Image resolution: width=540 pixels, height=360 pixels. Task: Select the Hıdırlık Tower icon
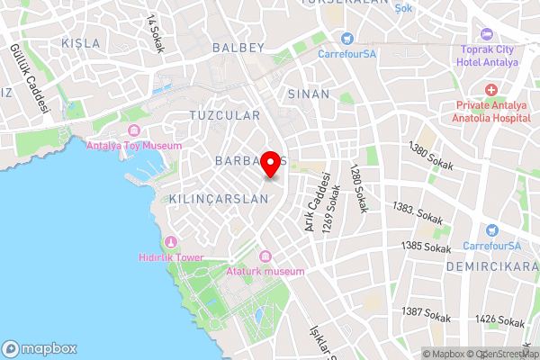pyautogui.click(x=172, y=243)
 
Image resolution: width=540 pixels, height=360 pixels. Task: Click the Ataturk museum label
pyautogui.click(x=267, y=270)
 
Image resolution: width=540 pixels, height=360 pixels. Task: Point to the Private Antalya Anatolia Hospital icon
pyautogui.click(x=490, y=90)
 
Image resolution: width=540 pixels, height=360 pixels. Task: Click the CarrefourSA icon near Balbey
pyautogui.click(x=346, y=39)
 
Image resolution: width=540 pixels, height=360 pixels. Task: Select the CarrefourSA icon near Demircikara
pyautogui.click(x=490, y=232)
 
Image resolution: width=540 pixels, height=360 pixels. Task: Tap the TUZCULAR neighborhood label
pyautogui.click(x=224, y=115)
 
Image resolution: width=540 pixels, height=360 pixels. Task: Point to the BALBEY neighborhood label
pyautogui.click(x=238, y=46)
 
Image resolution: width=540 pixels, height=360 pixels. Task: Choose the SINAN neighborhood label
pyautogui.click(x=303, y=93)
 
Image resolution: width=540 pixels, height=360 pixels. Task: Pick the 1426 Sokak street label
pyautogui.click(x=499, y=319)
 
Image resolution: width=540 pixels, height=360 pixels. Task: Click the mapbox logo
pyautogui.click(x=40, y=348)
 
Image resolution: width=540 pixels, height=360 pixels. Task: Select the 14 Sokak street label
pyautogui.click(x=155, y=33)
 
